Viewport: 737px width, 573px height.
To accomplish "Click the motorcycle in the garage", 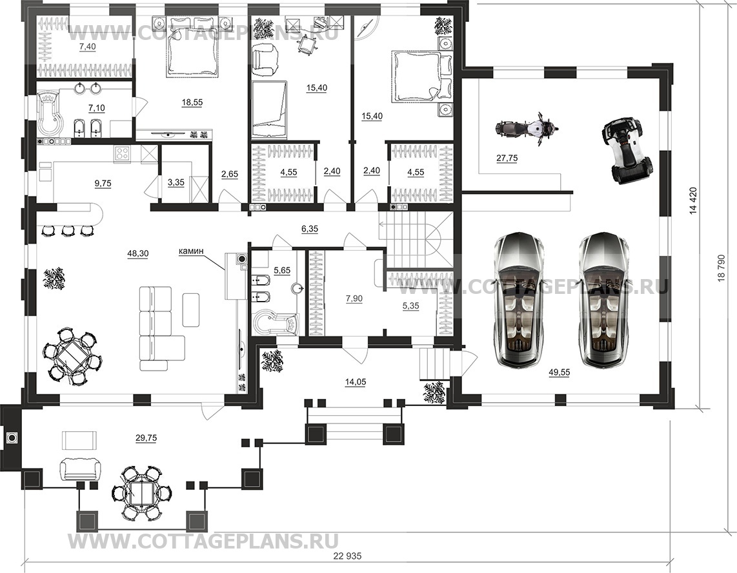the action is (527, 128).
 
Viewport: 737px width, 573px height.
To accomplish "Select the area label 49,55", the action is (560, 372).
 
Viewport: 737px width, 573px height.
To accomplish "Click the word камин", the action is (191, 251).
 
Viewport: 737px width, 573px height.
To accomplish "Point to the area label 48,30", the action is (137, 253).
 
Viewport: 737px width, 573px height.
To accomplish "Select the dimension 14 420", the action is (693, 202).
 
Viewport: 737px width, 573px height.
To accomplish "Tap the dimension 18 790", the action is (722, 269).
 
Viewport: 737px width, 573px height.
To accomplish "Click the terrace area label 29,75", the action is (146, 438).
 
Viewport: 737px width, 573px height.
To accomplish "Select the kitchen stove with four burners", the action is (123, 155).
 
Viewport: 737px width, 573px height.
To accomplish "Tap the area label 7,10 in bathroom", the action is (96, 108).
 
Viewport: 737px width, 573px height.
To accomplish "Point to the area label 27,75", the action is (507, 158).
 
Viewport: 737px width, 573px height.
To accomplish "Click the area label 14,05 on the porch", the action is (356, 382).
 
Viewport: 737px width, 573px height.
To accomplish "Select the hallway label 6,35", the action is (309, 229).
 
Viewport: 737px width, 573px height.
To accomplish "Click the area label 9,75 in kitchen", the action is (103, 183).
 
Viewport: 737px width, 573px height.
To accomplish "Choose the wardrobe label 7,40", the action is (87, 46).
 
